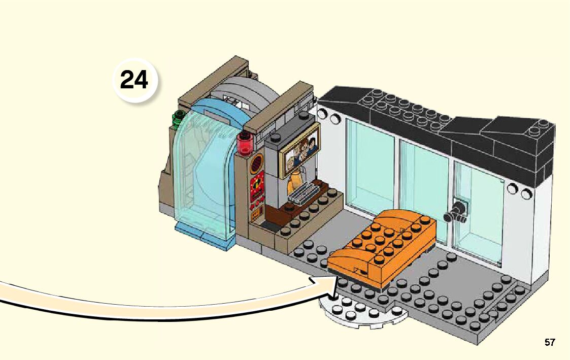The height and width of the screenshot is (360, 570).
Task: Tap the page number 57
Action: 550,342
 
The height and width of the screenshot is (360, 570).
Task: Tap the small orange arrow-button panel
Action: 256,206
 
